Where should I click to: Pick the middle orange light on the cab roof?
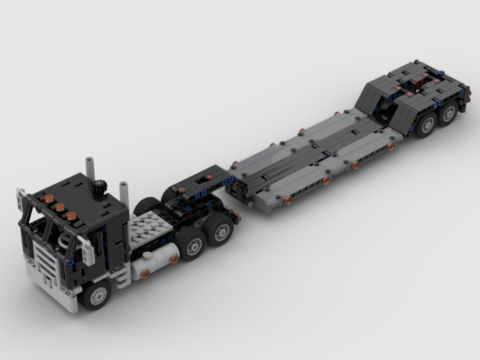click(x=60, y=207)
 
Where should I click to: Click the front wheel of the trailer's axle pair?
click(x=426, y=124)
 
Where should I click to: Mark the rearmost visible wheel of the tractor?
click(x=221, y=230)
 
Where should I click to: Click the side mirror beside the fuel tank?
click(x=88, y=250)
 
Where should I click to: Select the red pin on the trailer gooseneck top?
click(x=209, y=178)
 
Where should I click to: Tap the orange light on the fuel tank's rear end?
click(x=174, y=259)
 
